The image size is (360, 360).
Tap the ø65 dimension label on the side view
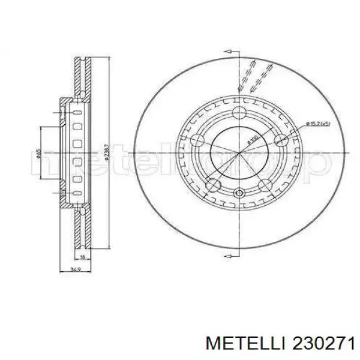tap(38, 155)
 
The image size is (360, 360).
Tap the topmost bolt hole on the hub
tap(239, 112)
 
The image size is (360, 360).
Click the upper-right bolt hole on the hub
tap(280, 140)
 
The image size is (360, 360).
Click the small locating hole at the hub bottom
tap(239, 193)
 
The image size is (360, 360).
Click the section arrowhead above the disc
tap(239, 57)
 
